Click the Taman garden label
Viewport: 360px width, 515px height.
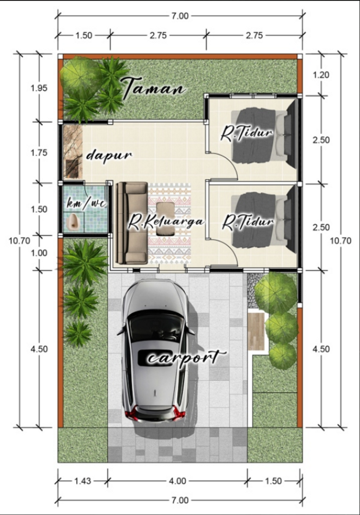(154, 88)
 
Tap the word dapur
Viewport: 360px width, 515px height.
(109, 156)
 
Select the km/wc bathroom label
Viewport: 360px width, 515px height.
(87, 203)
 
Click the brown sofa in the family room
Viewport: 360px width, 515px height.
(131, 223)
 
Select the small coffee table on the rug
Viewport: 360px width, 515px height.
(166, 219)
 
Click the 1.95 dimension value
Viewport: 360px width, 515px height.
(39, 88)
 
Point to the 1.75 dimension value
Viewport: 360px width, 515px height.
(39, 153)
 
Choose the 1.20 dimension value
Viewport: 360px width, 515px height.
(321, 75)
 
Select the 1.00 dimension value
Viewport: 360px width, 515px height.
(39, 253)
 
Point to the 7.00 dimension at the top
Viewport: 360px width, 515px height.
(180, 16)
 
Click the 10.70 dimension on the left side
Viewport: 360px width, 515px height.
(19, 241)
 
